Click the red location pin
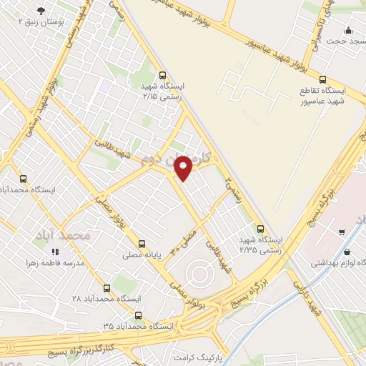(x=185, y=167)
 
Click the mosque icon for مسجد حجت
(x=348, y=30)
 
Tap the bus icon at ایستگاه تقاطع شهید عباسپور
(x=322, y=80)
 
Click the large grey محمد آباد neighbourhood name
(x=64, y=234)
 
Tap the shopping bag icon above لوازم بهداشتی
(x=347, y=252)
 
